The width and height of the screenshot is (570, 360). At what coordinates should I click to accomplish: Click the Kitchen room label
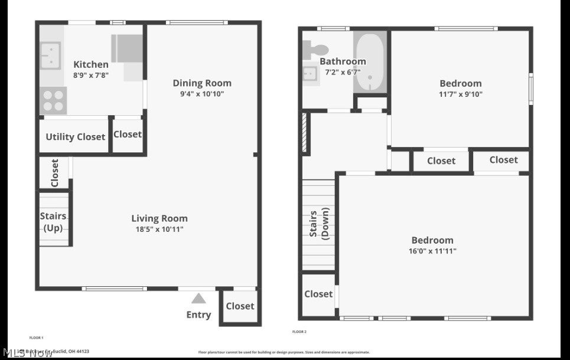click(91, 64)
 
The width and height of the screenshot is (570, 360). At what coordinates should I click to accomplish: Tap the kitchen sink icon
click(51, 54)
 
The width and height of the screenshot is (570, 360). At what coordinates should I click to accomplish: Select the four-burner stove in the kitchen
click(53, 100)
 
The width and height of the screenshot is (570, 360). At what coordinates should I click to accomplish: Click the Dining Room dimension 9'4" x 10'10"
click(202, 94)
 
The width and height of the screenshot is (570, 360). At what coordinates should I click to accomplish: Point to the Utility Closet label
click(76, 137)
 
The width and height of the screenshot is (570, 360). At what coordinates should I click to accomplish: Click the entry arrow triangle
click(198, 299)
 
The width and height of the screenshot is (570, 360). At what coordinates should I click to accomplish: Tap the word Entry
click(198, 315)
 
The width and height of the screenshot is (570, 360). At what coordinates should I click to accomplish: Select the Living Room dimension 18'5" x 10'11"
click(159, 229)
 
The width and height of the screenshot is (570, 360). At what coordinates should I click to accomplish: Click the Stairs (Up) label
click(53, 222)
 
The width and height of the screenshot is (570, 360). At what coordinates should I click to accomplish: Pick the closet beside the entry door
click(240, 306)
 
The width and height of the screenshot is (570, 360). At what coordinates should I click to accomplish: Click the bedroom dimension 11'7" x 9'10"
click(461, 94)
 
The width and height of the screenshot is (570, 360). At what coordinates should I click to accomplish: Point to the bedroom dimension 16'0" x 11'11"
click(432, 251)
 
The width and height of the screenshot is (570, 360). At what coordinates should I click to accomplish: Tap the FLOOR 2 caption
click(299, 332)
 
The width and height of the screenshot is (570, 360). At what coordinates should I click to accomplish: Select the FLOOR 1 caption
click(37, 338)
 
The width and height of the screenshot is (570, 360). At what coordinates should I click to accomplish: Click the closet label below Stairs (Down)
click(318, 294)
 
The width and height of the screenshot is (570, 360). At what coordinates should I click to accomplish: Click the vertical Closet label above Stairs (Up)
click(54, 173)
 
